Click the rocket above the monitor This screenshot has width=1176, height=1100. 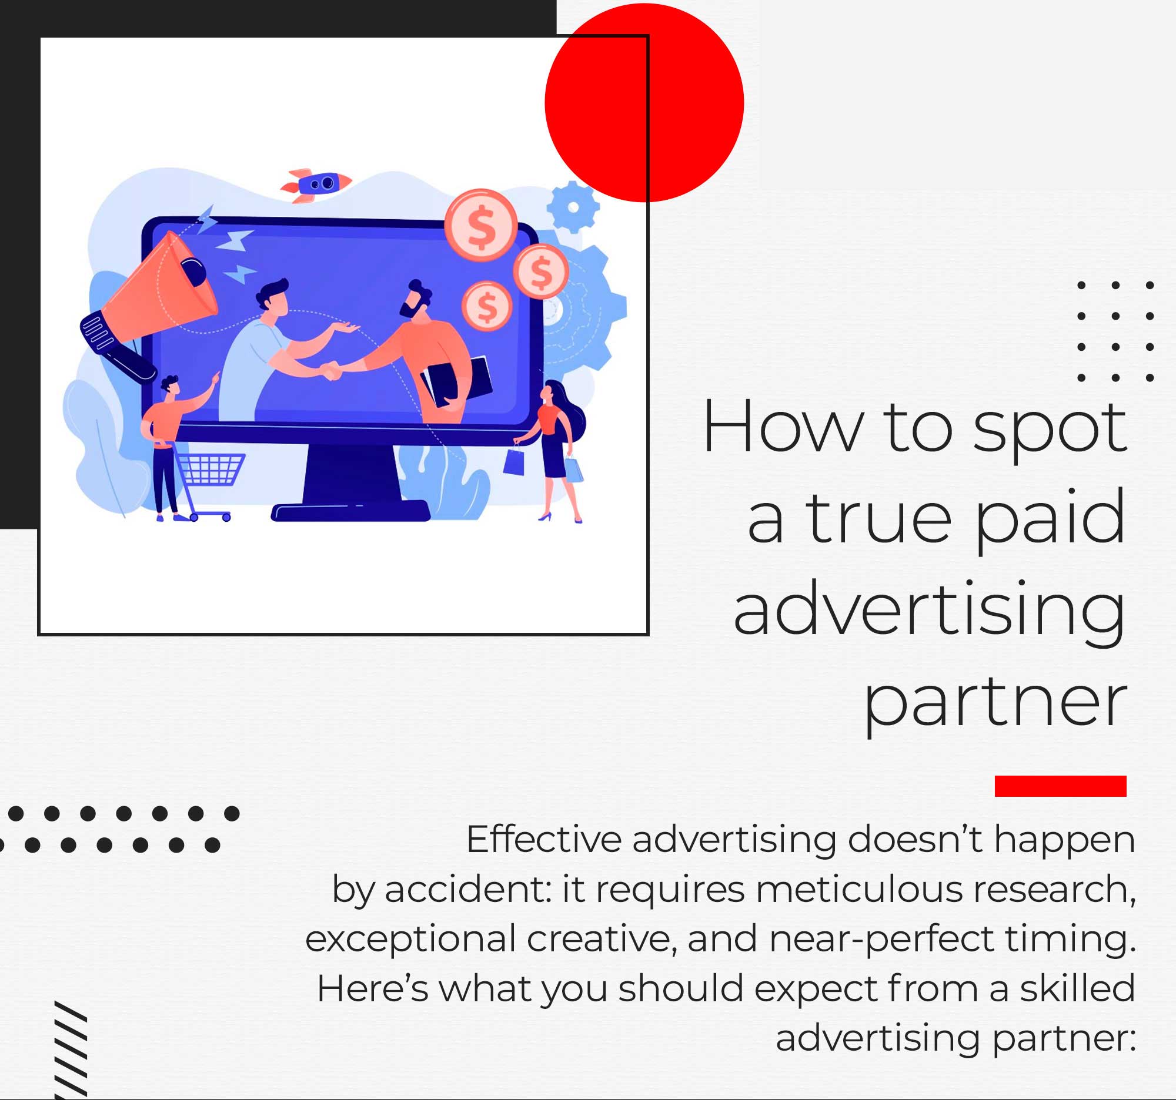[x=316, y=185]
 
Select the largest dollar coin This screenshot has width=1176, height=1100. [x=481, y=225]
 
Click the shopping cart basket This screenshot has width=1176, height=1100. [x=212, y=469]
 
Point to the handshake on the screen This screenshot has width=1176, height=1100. [x=330, y=370]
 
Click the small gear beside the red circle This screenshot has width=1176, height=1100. [x=573, y=207]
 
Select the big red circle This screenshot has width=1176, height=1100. [x=644, y=103]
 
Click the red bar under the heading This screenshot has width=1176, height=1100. [x=1061, y=786]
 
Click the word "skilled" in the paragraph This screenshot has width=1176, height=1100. [x=1077, y=988]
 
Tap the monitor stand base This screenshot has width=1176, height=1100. [x=351, y=511]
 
